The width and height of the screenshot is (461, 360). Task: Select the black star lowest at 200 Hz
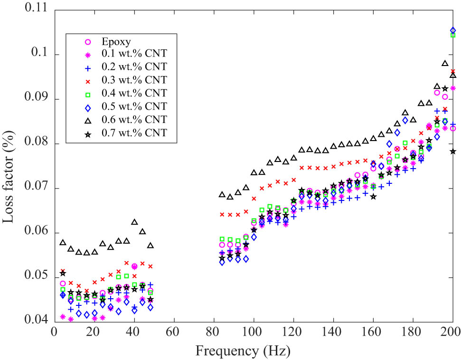[x=453, y=151]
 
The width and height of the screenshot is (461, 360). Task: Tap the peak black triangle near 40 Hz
[x=134, y=222]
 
